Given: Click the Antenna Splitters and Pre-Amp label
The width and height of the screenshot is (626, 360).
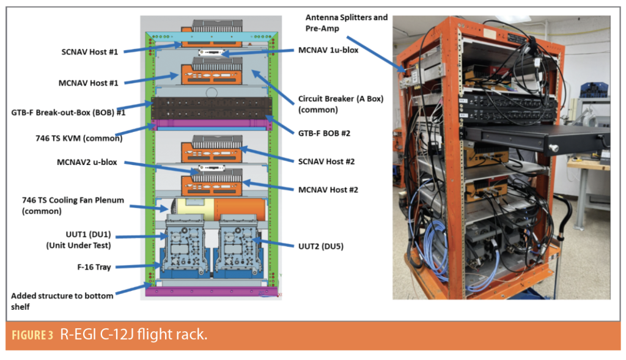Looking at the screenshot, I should (x=346, y=23).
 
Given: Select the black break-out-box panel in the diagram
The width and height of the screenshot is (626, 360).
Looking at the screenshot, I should (x=210, y=108).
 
